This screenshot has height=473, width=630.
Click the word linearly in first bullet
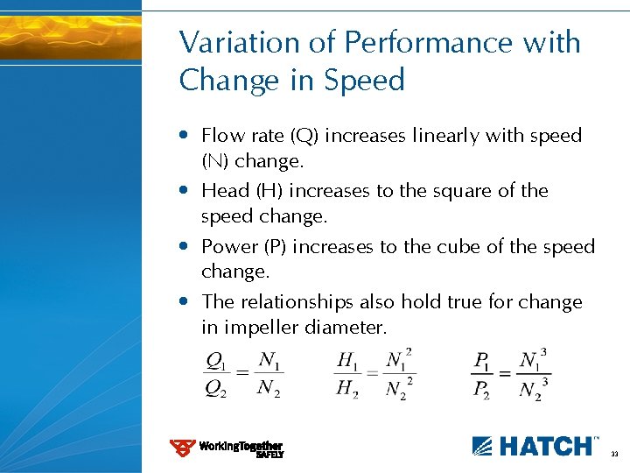point(458,136)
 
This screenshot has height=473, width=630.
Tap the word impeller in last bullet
point(260,328)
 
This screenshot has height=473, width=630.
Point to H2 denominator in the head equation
point(347,389)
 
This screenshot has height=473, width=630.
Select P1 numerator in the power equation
point(481,360)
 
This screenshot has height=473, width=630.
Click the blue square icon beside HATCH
point(483,446)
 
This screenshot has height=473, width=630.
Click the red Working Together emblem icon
point(182,448)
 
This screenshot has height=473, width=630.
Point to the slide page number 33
point(614,455)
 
